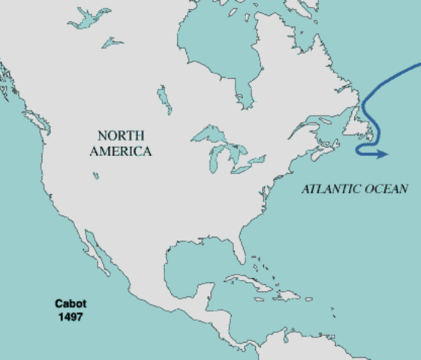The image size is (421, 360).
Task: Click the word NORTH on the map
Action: tap(119, 136)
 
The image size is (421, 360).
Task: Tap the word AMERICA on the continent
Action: tap(120, 151)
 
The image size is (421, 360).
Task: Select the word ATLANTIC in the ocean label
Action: tap(329, 188)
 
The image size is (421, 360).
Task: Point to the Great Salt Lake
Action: tap(97, 175)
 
